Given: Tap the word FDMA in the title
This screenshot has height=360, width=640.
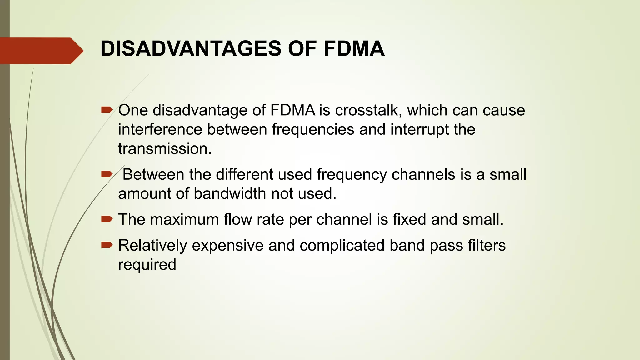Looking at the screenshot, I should (354, 49).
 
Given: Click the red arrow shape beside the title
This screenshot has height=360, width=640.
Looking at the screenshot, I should (41, 51).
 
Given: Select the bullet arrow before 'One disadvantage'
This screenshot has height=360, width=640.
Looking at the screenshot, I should (107, 110).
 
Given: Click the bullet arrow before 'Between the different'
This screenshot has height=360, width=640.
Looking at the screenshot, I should (107, 174).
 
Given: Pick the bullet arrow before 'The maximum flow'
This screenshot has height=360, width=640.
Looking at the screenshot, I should (107, 219).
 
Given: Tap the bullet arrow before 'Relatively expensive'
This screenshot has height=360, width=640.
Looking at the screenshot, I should (107, 245).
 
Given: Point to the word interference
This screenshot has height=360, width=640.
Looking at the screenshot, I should (160, 129).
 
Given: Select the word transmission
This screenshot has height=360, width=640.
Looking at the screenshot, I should (165, 149).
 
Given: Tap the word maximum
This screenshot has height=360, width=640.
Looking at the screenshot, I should (185, 219).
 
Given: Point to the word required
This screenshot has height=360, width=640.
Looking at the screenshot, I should (147, 265).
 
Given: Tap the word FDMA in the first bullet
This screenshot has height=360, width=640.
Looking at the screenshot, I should (292, 110).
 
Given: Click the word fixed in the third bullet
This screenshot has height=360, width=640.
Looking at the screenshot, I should (409, 219).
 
